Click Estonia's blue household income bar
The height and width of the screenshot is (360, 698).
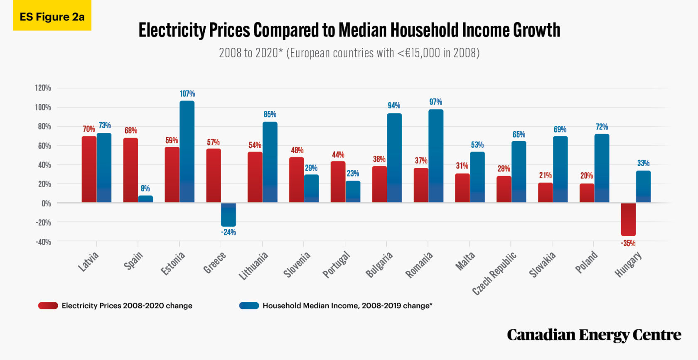click(187, 152)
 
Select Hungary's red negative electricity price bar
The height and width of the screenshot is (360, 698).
click(628, 219)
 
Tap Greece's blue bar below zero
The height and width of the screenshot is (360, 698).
click(229, 214)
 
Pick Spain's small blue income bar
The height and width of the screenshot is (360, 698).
click(145, 199)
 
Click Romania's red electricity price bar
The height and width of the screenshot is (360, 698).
click(421, 185)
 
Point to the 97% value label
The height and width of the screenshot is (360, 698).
click(435, 102)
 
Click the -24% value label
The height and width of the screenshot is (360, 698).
click(228, 232)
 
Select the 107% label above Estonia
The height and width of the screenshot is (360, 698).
click(187, 94)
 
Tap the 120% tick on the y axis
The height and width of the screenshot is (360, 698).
click(43, 88)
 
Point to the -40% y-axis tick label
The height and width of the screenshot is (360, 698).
click(43, 242)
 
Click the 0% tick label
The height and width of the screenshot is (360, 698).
click(46, 203)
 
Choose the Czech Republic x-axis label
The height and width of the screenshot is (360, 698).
click(494, 273)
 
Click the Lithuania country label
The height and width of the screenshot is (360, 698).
click(253, 266)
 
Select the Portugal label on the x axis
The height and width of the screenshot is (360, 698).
click(337, 264)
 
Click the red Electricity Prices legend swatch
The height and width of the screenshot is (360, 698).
click(48, 306)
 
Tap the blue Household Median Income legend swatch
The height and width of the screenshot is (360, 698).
click(249, 306)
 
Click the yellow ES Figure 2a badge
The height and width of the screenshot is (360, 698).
click(52, 17)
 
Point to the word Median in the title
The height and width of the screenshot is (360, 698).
click(362, 30)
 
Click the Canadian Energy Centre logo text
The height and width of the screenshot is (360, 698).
click(594, 335)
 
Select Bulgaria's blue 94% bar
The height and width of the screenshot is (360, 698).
click(394, 158)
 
